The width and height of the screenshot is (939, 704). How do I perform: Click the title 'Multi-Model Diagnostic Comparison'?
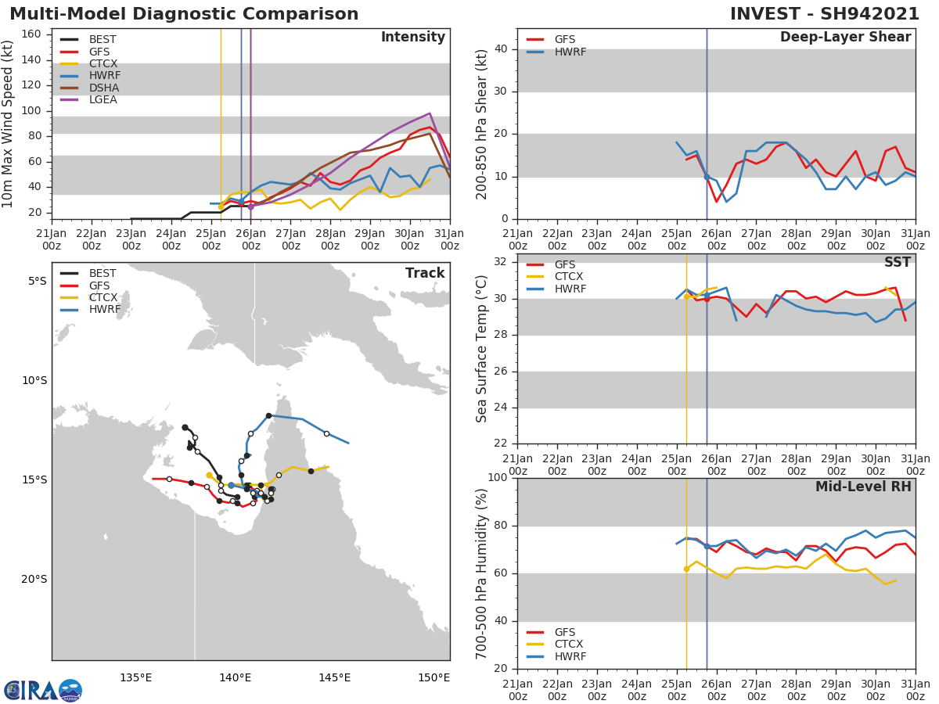tap(184, 14)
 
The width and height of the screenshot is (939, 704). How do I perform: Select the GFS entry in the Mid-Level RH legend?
tap(564, 632)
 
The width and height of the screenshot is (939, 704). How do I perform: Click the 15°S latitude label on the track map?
tap(34, 480)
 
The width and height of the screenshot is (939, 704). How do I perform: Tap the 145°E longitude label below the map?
tap(334, 677)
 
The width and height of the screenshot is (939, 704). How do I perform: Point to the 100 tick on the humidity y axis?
tap(498, 478)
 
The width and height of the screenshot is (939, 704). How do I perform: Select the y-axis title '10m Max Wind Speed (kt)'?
tap(9, 124)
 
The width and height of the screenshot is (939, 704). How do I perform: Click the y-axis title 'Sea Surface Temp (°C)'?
tap(482, 348)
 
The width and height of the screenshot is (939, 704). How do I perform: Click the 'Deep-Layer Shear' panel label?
tap(845, 38)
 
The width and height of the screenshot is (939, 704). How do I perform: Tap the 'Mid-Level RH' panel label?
tap(862, 487)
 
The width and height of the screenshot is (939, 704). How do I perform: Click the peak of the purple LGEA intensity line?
tap(430, 113)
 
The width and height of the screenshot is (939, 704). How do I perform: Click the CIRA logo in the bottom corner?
tap(43, 690)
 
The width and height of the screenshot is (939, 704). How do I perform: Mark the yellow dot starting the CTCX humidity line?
tap(686, 569)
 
